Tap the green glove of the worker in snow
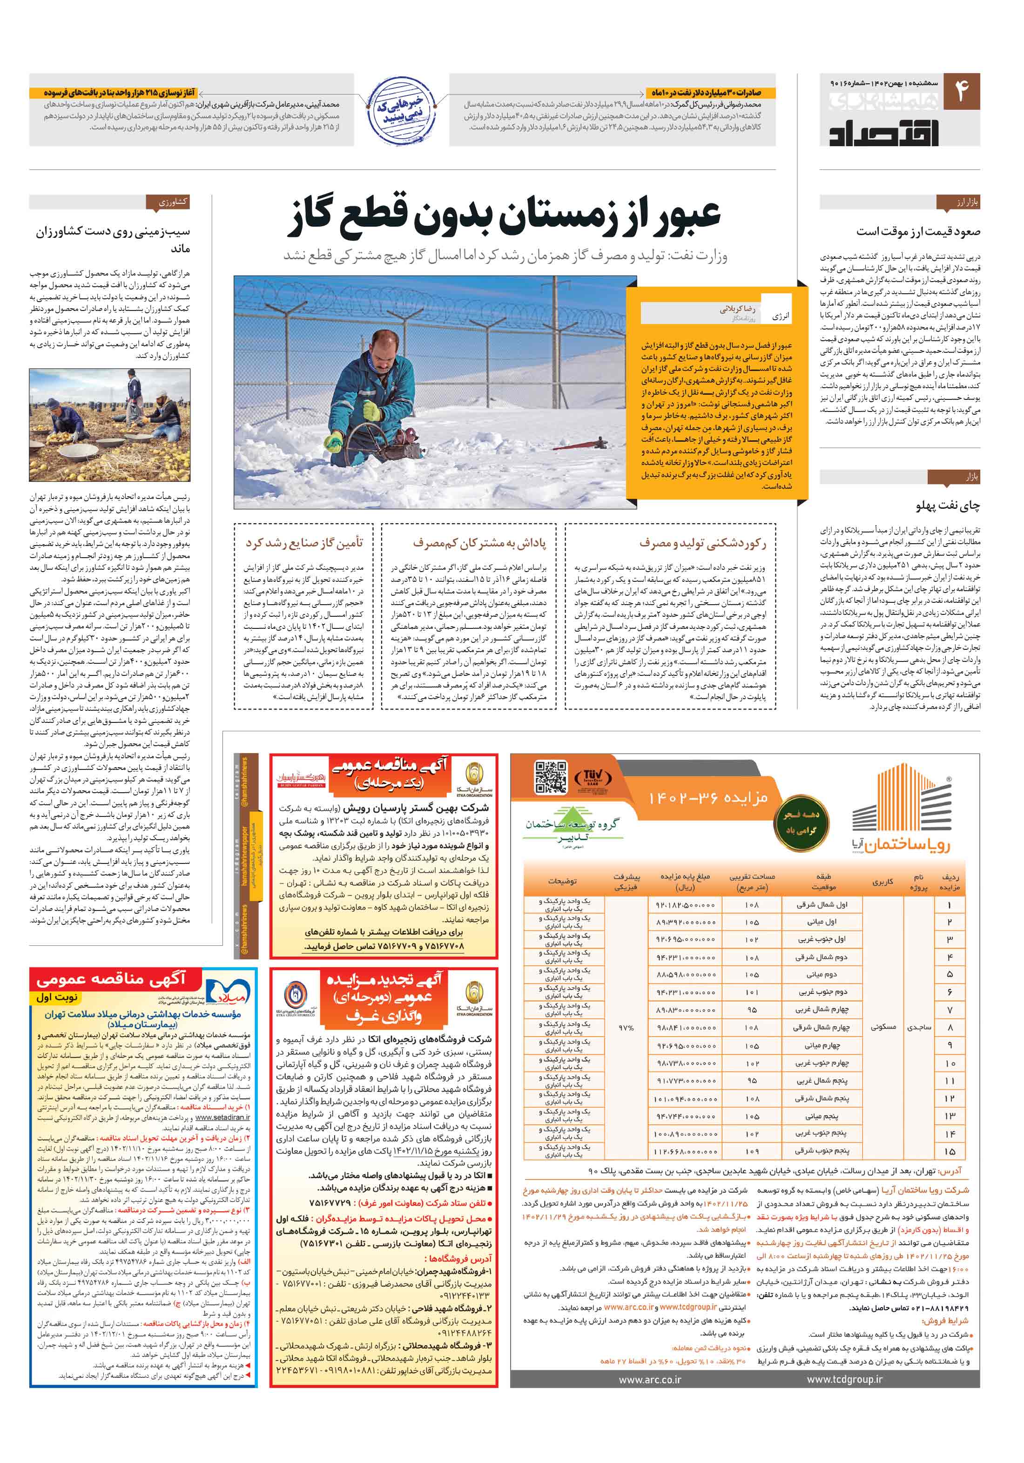(x=333, y=440)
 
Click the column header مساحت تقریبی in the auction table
(x=751, y=881)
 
